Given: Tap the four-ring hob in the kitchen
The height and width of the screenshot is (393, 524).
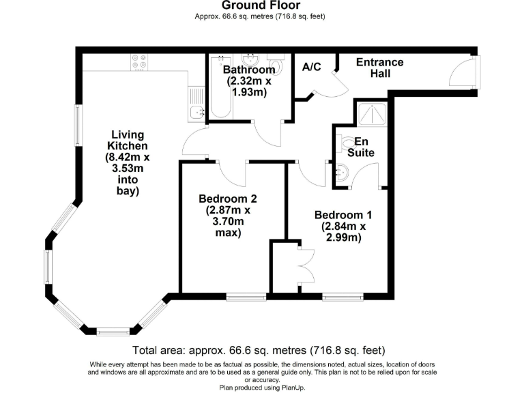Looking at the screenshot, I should tap(139, 63).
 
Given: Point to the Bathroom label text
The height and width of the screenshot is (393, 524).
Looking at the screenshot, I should tap(249, 70).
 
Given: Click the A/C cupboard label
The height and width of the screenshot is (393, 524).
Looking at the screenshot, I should tap(311, 67).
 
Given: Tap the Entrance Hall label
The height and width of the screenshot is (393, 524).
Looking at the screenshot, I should tap(380, 68).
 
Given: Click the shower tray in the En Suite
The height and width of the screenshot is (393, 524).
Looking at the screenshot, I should tap(373, 113).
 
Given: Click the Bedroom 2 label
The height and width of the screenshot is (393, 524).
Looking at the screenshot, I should tap(227, 199).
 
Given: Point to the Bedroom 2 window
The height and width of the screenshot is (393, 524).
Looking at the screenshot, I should tap(246, 297).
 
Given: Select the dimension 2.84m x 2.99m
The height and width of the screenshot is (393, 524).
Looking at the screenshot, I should tap(339, 232).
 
